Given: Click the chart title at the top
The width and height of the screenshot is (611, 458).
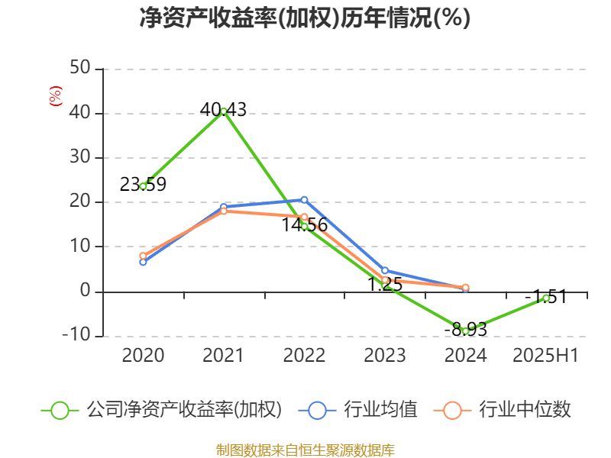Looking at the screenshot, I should click(305, 18).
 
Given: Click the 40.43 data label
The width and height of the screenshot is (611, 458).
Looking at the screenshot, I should click(223, 110).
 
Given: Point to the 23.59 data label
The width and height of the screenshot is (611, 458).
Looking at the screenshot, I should click(143, 185).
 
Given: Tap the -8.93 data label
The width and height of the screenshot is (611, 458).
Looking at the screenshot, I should click(466, 330).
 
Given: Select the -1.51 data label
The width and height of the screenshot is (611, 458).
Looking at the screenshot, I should click(545, 296).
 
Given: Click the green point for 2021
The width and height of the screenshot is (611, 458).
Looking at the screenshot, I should click(223, 111).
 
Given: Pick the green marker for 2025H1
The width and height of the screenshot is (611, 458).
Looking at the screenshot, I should click(546, 298).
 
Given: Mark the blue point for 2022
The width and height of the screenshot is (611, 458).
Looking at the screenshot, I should click(304, 199).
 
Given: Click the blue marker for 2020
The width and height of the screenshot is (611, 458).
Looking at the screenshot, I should click(143, 262).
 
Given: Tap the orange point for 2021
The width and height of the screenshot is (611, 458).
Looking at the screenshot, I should click(223, 211).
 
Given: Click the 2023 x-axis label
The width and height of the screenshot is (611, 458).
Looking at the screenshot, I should click(385, 355).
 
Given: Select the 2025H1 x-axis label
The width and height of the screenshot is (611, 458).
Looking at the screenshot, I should click(545, 355).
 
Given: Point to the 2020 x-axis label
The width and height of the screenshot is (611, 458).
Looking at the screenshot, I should click(143, 355).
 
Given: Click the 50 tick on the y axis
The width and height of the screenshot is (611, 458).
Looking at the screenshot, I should click(81, 69).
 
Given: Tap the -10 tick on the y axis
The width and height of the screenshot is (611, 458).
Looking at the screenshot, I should click(76, 336).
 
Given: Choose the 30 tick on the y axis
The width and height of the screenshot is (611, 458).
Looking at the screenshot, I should click(81, 158).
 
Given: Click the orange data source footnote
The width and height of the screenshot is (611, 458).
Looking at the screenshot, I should click(305, 450).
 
